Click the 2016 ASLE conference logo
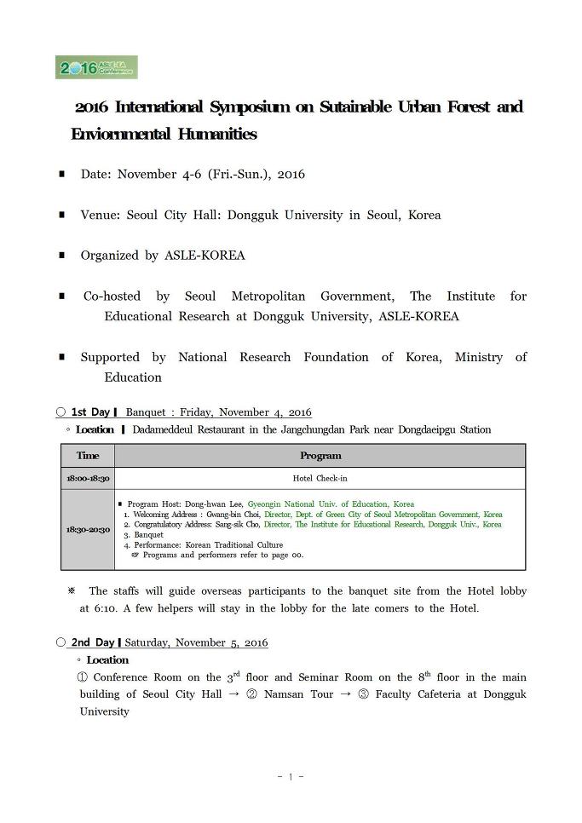click(96, 68)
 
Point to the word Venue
click(100, 215)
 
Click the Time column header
click(88, 456)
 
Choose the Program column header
click(320, 456)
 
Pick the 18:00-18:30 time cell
click(88, 479)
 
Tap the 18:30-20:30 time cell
click(88, 529)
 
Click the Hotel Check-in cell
click(320, 479)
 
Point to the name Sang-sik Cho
click(235, 525)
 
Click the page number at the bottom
click(291, 776)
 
